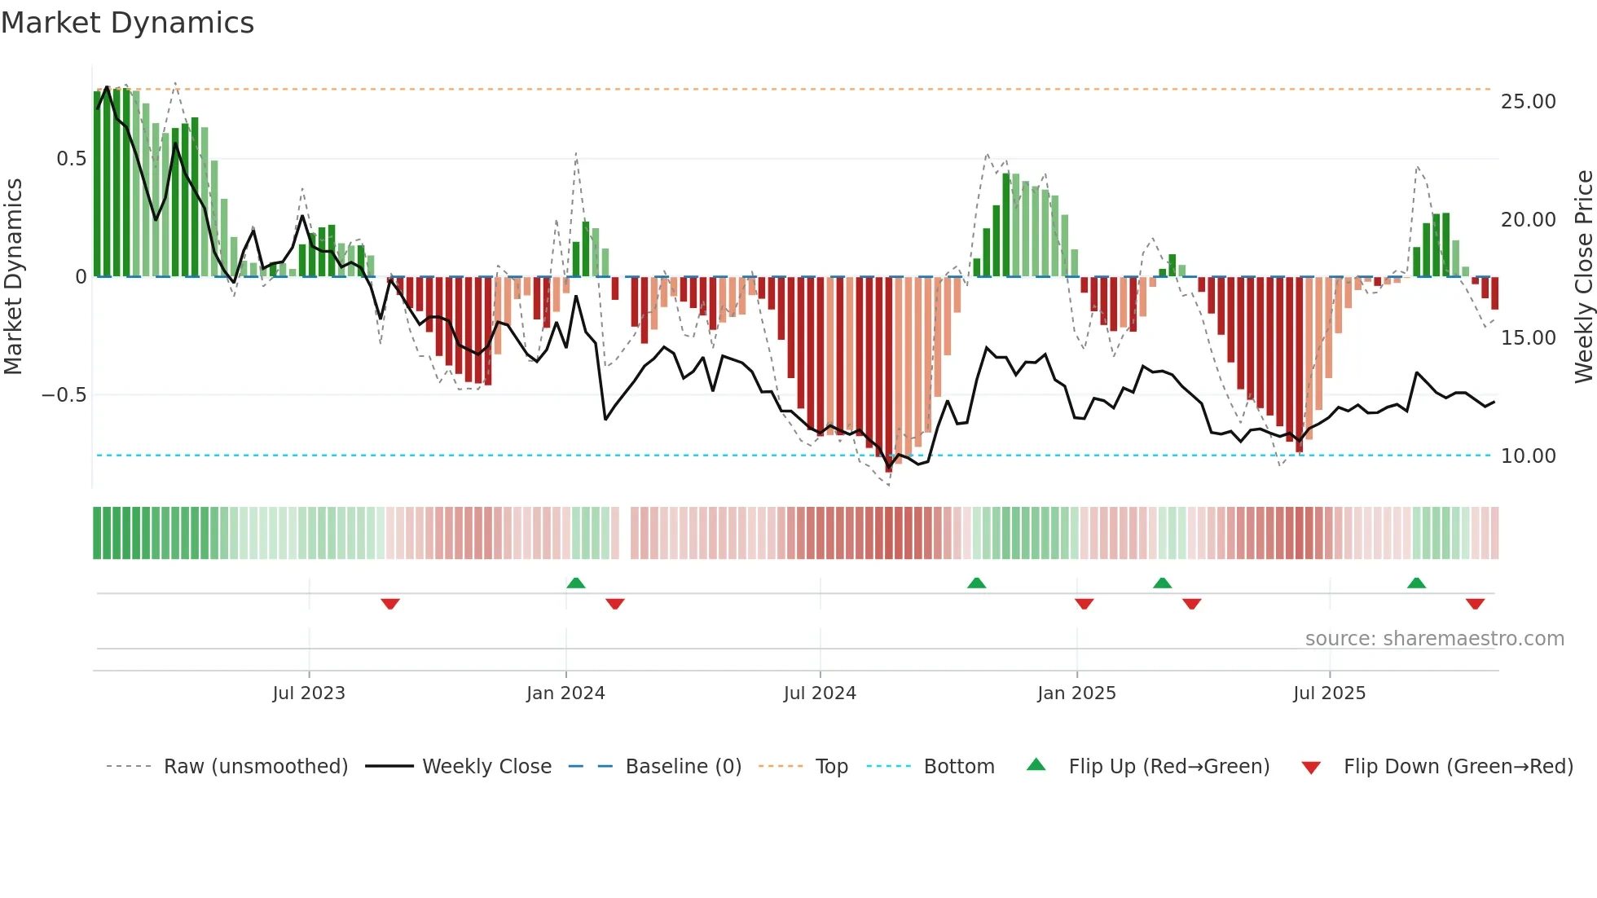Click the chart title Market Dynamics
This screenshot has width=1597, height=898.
pyautogui.click(x=127, y=23)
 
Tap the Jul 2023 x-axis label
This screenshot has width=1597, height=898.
pyautogui.click(x=309, y=693)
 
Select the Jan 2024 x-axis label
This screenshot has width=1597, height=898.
pyautogui.click(x=565, y=693)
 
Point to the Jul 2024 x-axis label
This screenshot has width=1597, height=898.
pyautogui.click(x=820, y=693)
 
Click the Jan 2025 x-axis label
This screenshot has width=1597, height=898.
pyautogui.click(x=1076, y=693)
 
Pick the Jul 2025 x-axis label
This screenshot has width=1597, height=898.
pyautogui.click(x=1329, y=693)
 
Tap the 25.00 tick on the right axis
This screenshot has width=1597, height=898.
pyautogui.click(x=1528, y=102)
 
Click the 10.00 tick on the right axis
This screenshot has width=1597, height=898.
pyautogui.click(x=1528, y=456)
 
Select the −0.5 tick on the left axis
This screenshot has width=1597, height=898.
pyautogui.click(x=64, y=395)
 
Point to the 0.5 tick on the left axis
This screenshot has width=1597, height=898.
pyautogui.click(x=71, y=159)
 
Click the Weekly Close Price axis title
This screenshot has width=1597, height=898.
pyautogui.click(x=1583, y=277)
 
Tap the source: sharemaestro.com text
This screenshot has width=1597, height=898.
pyautogui.click(x=1434, y=639)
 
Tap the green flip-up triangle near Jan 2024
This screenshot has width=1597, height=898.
pyautogui.click(x=576, y=583)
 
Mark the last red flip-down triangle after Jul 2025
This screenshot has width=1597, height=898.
pyautogui.click(x=1475, y=604)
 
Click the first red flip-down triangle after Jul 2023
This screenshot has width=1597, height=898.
pyautogui.click(x=390, y=604)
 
